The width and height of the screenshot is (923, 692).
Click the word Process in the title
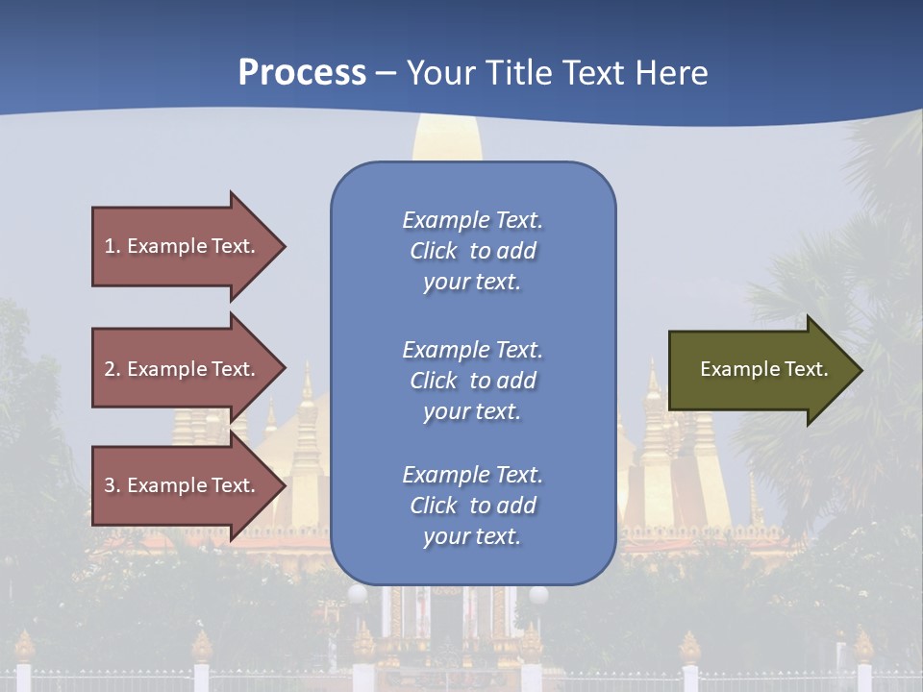coord(302,73)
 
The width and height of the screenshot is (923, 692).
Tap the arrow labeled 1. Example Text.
coord(183,246)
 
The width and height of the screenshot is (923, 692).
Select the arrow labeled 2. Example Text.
coord(183,369)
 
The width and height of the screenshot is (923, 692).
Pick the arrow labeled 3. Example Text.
coord(183,485)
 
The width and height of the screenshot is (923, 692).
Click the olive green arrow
coord(760,370)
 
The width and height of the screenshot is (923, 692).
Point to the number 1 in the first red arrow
coord(110,246)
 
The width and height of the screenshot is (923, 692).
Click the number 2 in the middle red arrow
coord(110,369)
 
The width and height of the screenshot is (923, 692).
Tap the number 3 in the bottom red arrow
coord(110,485)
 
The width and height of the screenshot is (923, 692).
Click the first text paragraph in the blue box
coord(472,251)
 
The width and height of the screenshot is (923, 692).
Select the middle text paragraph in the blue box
coord(472,381)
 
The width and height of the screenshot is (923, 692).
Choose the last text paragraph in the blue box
coord(472,506)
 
